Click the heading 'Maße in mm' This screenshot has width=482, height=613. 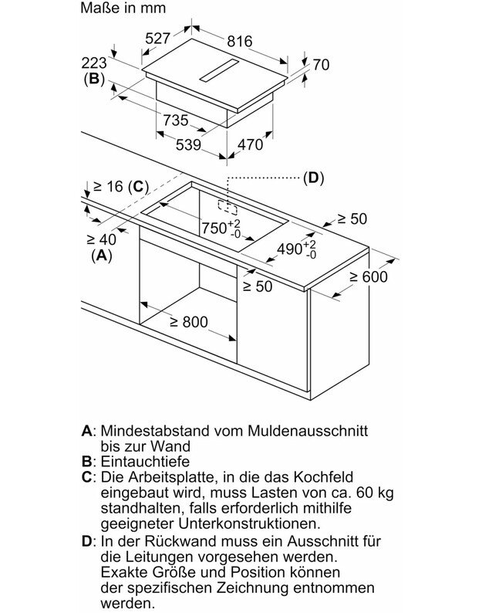[x=122, y=10]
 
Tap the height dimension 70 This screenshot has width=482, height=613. [x=320, y=65]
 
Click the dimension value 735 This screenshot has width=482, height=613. [x=175, y=120]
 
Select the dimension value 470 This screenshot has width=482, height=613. [x=249, y=144]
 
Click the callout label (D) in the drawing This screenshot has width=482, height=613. [x=312, y=178]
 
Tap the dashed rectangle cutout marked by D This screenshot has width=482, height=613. [x=227, y=207]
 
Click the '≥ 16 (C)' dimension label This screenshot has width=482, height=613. [x=120, y=186]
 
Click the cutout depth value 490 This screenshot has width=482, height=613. [x=289, y=249]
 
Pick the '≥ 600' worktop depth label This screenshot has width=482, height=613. [x=367, y=277]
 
